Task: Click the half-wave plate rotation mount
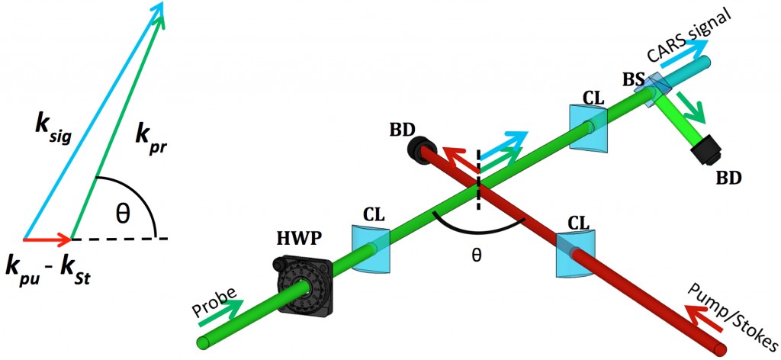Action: pos(304,287)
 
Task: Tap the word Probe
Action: pos(216,299)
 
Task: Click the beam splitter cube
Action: pos(654,85)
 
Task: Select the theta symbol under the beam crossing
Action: pos(477,256)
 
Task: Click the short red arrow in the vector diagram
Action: pos(46,239)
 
